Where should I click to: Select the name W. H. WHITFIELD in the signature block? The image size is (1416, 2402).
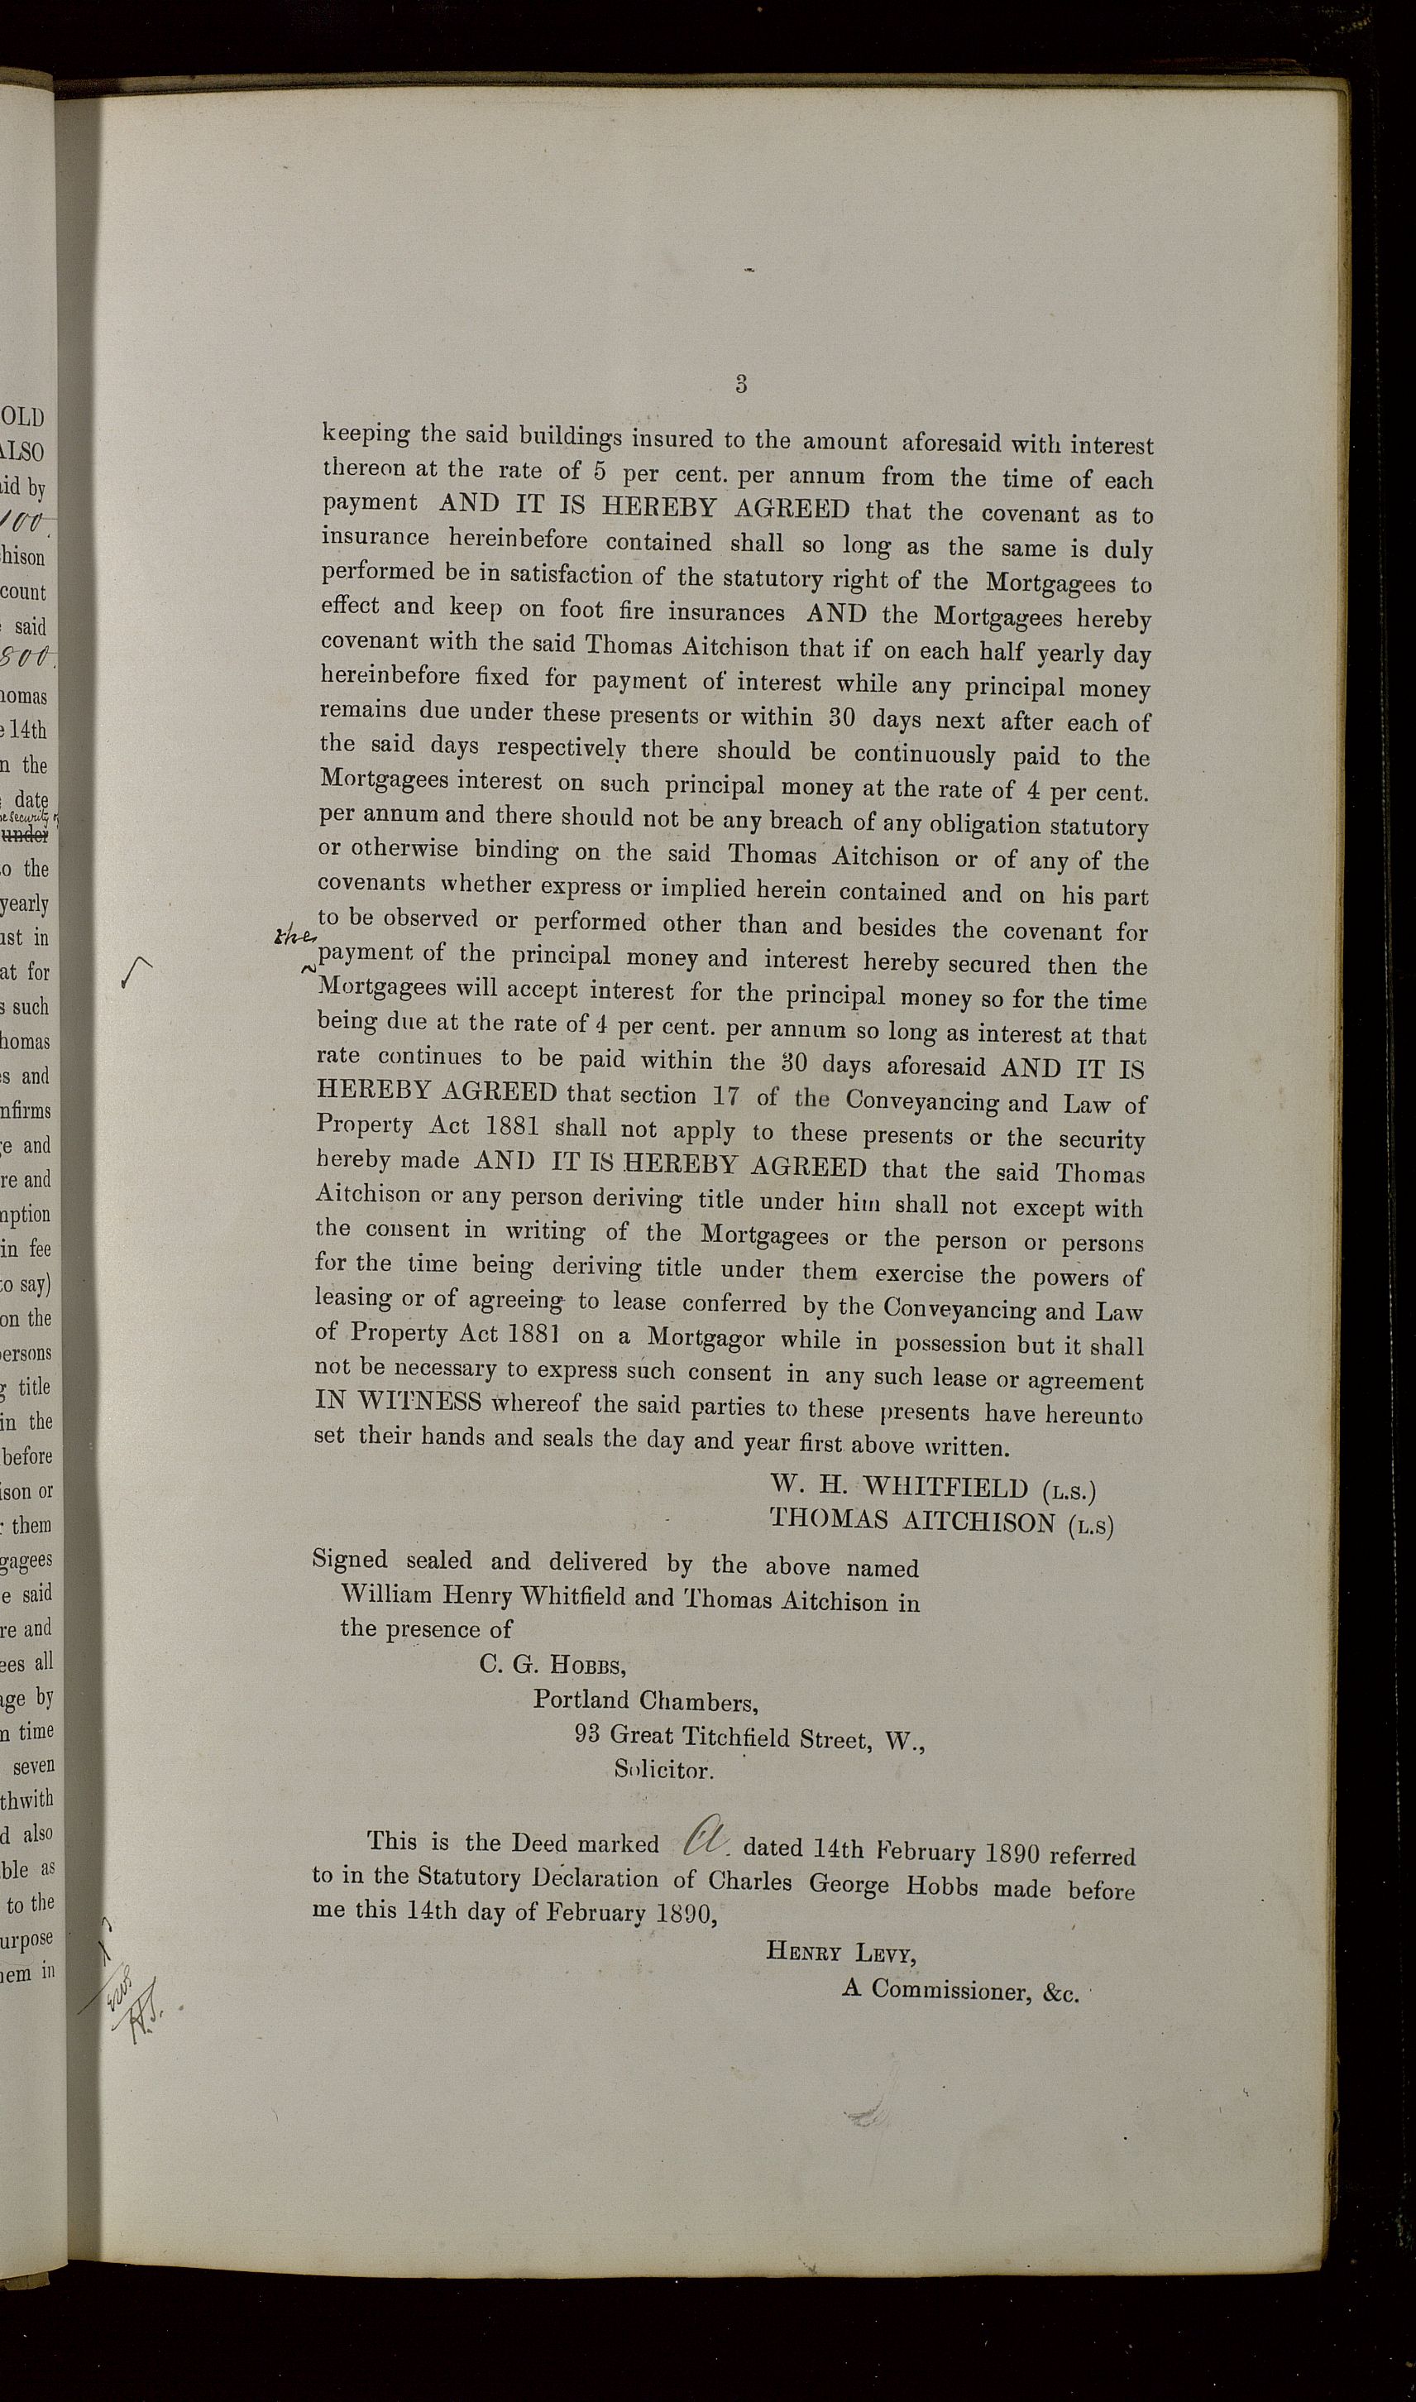(899, 1487)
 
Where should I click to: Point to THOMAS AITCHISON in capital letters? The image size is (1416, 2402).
(911, 1520)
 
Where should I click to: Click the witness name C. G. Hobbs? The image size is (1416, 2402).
(553, 1666)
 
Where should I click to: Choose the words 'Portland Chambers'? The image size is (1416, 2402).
(645, 1700)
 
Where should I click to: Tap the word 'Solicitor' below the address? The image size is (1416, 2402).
(663, 1770)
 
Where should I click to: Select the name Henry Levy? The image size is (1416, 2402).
(840, 1953)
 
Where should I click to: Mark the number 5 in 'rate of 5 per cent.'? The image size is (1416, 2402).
(601, 473)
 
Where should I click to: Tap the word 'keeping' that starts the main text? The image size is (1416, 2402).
(365, 434)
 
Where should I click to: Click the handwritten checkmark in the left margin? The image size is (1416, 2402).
(136, 975)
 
